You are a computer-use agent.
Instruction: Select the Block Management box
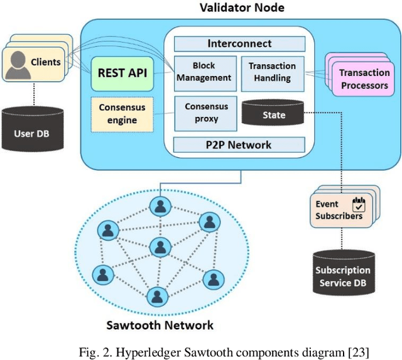tap(203, 72)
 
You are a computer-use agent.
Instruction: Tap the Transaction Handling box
tap(273, 72)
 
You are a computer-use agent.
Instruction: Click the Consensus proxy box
tap(206, 112)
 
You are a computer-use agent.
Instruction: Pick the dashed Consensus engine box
tap(122, 114)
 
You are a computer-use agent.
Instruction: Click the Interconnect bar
tap(240, 43)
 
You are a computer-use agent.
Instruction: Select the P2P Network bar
tap(240, 145)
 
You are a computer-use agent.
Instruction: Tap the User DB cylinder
tap(32, 130)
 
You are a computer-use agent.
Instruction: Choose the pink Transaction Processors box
tap(363, 79)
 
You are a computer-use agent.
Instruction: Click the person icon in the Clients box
tap(18, 63)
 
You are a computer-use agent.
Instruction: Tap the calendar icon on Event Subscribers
tap(359, 205)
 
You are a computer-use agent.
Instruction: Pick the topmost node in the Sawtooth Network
tap(161, 205)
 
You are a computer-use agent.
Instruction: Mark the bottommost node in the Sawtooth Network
tap(155, 295)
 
